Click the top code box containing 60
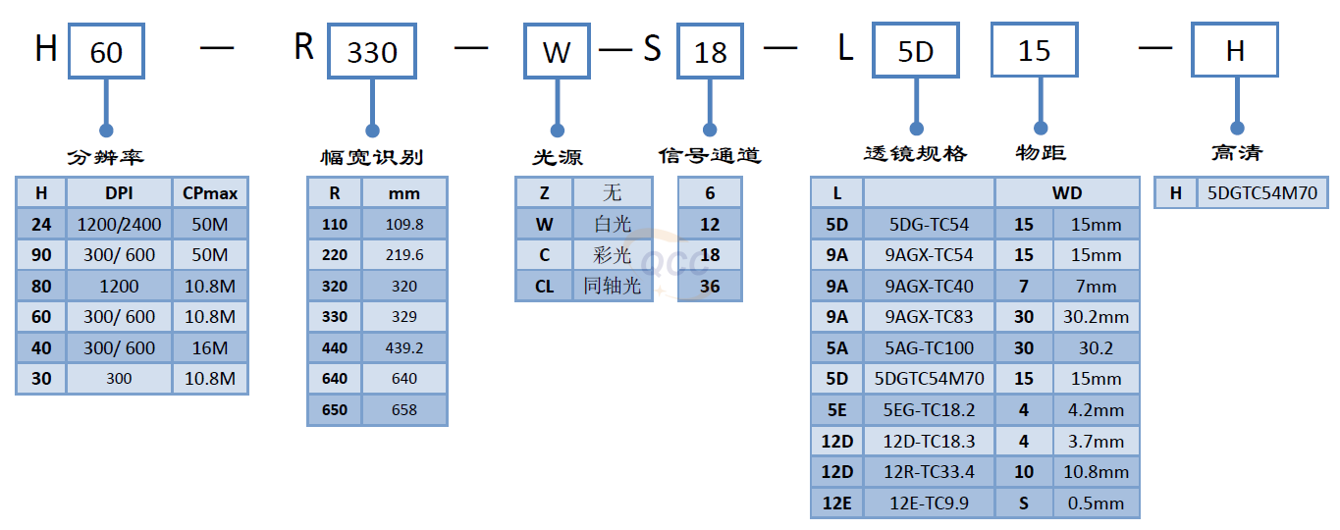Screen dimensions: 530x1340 pyautogui.click(x=106, y=51)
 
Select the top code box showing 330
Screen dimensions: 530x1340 pyautogui.click(x=372, y=51)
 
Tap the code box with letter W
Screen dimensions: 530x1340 pyautogui.click(x=557, y=51)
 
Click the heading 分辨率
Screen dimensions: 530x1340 pyautogui.click(x=106, y=156)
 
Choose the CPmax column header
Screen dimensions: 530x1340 pyautogui.click(x=210, y=193)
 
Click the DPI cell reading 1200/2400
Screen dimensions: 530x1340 pyautogui.click(x=119, y=225)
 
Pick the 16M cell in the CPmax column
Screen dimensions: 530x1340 pyautogui.click(x=210, y=347)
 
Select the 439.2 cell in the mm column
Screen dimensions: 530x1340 pyautogui.click(x=403, y=347)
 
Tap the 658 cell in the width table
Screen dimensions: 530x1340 pyautogui.click(x=403, y=410)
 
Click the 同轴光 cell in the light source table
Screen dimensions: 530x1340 pyautogui.click(x=613, y=286)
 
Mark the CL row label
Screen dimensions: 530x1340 pyautogui.click(x=544, y=286)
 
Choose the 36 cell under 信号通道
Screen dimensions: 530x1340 pyautogui.click(x=710, y=286)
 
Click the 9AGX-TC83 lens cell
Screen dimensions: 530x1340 pyautogui.click(x=929, y=317)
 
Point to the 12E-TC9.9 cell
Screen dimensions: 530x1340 pyautogui.click(x=929, y=503)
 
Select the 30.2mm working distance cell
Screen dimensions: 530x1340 pyautogui.click(x=1096, y=317)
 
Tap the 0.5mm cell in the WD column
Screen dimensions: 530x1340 pyautogui.click(x=1096, y=503)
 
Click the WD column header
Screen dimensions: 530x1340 pyautogui.click(x=1067, y=193)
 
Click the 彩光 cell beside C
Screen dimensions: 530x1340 pyautogui.click(x=613, y=255)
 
